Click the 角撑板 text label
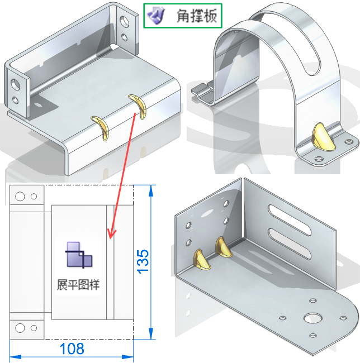195,16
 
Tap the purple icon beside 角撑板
155,16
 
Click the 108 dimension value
72,349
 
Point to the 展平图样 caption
78,284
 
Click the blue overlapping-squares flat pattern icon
78,255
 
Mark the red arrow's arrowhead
111,234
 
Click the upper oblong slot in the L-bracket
294,215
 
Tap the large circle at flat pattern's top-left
20,197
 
